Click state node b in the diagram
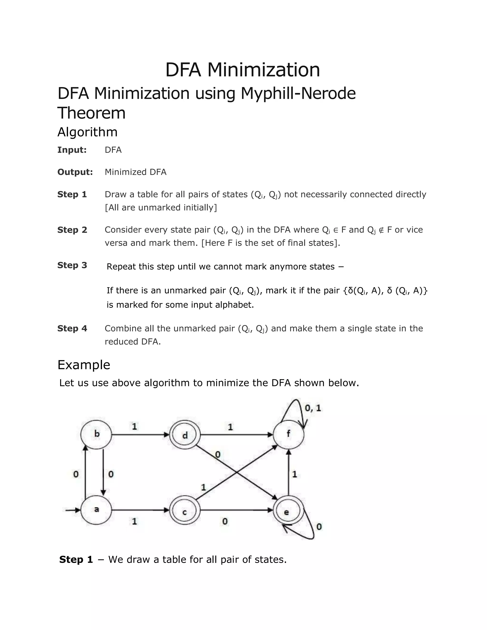point(96,434)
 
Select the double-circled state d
point(185,435)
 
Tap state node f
point(288,434)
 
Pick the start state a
point(96,510)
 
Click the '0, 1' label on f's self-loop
point(313,408)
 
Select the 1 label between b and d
point(134,426)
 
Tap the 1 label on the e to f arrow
point(295,474)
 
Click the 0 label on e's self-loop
point(319,527)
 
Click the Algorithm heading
point(88,132)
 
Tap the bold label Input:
point(72,150)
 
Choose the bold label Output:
point(75,172)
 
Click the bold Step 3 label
point(72,265)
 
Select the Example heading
point(84,365)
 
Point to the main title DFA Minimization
point(242,70)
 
